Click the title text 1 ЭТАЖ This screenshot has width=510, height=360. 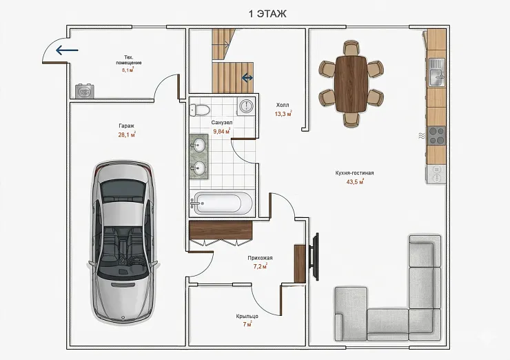tap(267, 14)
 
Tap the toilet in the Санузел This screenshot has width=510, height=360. tap(199, 110)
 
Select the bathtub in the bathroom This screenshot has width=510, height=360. tap(221, 203)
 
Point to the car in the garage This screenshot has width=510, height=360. tap(123, 242)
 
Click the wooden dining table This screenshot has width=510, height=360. tap(351, 83)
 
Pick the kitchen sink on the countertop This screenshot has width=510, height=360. tap(436, 72)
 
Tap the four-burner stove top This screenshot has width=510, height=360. tap(436, 136)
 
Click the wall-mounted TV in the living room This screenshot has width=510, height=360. tap(314, 257)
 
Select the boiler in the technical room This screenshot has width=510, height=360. tap(85, 91)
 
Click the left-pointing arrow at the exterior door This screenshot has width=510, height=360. tap(67, 50)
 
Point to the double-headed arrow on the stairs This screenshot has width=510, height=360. tap(247, 78)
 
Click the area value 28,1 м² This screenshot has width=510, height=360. tap(127, 134)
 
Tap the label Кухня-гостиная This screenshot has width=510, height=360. tap(354, 173)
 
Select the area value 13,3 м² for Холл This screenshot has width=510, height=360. tap(283, 114)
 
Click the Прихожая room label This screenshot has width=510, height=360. tap(261, 258)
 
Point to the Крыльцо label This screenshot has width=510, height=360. tap(247, 316)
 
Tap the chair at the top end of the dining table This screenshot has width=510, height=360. tap(351, 48)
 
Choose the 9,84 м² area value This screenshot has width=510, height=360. tap(221, 131)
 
